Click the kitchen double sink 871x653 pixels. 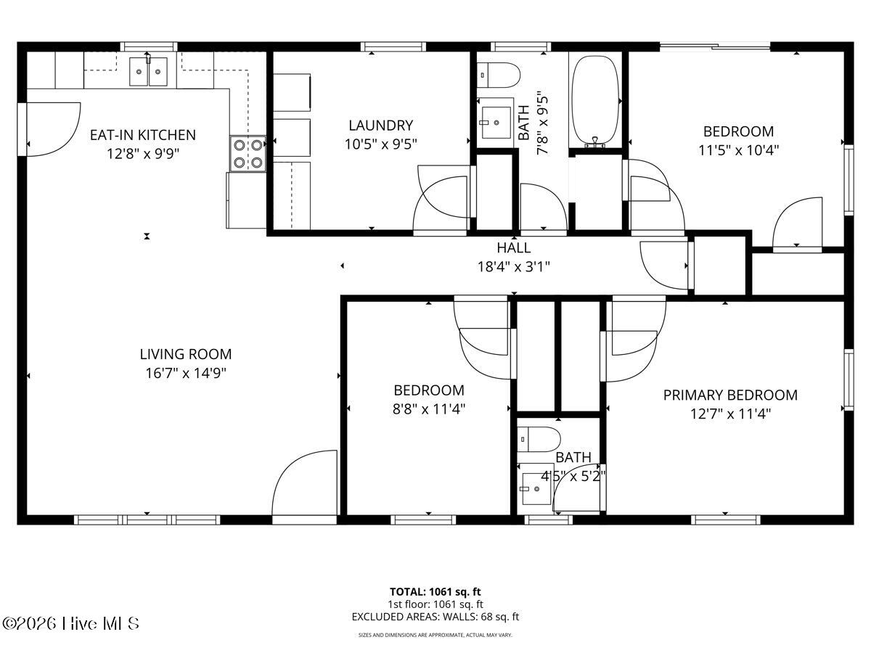(149, 72)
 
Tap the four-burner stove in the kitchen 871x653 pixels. (248, 153)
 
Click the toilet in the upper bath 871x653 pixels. (499, 75)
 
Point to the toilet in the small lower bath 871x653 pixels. (539, 439)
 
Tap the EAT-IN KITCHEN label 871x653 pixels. (142, 135)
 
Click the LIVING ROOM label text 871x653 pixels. (186, 354)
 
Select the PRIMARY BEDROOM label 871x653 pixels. (729, 395)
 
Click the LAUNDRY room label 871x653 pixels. (380, 126)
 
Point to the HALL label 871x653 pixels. (513, 247)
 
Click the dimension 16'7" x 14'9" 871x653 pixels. (186, 373)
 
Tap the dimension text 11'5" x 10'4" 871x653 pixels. (738, 150)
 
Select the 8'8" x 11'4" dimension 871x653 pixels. (429, 408)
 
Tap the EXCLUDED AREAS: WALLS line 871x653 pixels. (435, 617)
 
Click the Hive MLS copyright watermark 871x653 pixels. (70, 623)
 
